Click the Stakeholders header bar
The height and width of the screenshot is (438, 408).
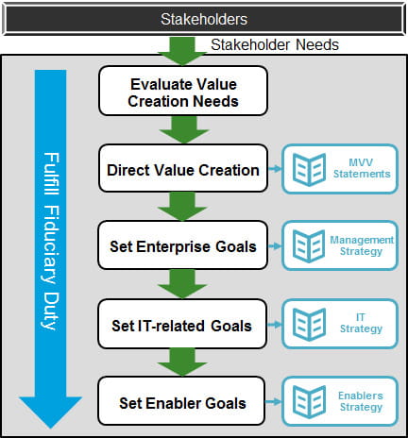click(203, 17)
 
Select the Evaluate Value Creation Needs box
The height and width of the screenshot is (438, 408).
click(182, 92)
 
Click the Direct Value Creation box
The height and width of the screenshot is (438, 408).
click(182, 170)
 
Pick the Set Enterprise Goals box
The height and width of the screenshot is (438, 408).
click(182, 246)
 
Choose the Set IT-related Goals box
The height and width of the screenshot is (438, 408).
click(182, 325)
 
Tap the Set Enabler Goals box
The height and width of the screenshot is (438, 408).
click(182, 402)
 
